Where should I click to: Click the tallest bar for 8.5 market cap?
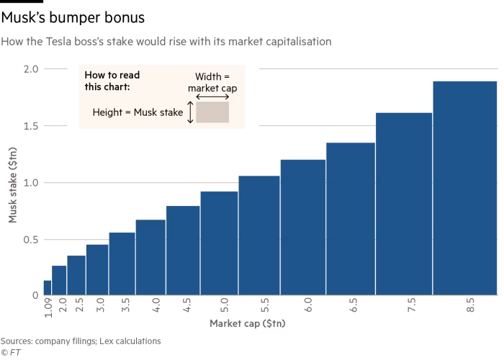(464, 187)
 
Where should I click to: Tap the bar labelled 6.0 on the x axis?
(302, 227)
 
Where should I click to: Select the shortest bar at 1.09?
(47, 287)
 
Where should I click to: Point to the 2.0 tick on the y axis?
(30, 69)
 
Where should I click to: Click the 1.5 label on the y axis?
(30, 126)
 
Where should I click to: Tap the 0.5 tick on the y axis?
(30, 240)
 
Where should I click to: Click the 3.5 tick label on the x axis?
(126, 305)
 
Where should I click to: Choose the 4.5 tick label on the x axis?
(187, 305)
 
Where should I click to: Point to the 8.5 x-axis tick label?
(470, 305)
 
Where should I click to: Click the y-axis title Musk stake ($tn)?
(12, 184)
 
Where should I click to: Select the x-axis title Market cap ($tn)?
(248, 324)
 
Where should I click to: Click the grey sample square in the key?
(212, 112)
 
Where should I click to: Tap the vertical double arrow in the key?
(190, 112)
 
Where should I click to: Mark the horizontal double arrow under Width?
(212, 96)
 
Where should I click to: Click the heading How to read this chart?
(112, 81)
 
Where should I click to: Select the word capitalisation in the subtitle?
(297, 42)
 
